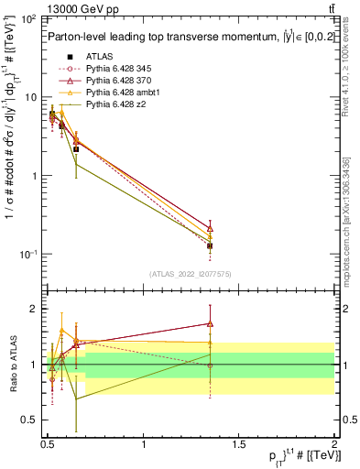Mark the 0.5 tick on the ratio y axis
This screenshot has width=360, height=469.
pyautogui.click(x=30, y=420)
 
